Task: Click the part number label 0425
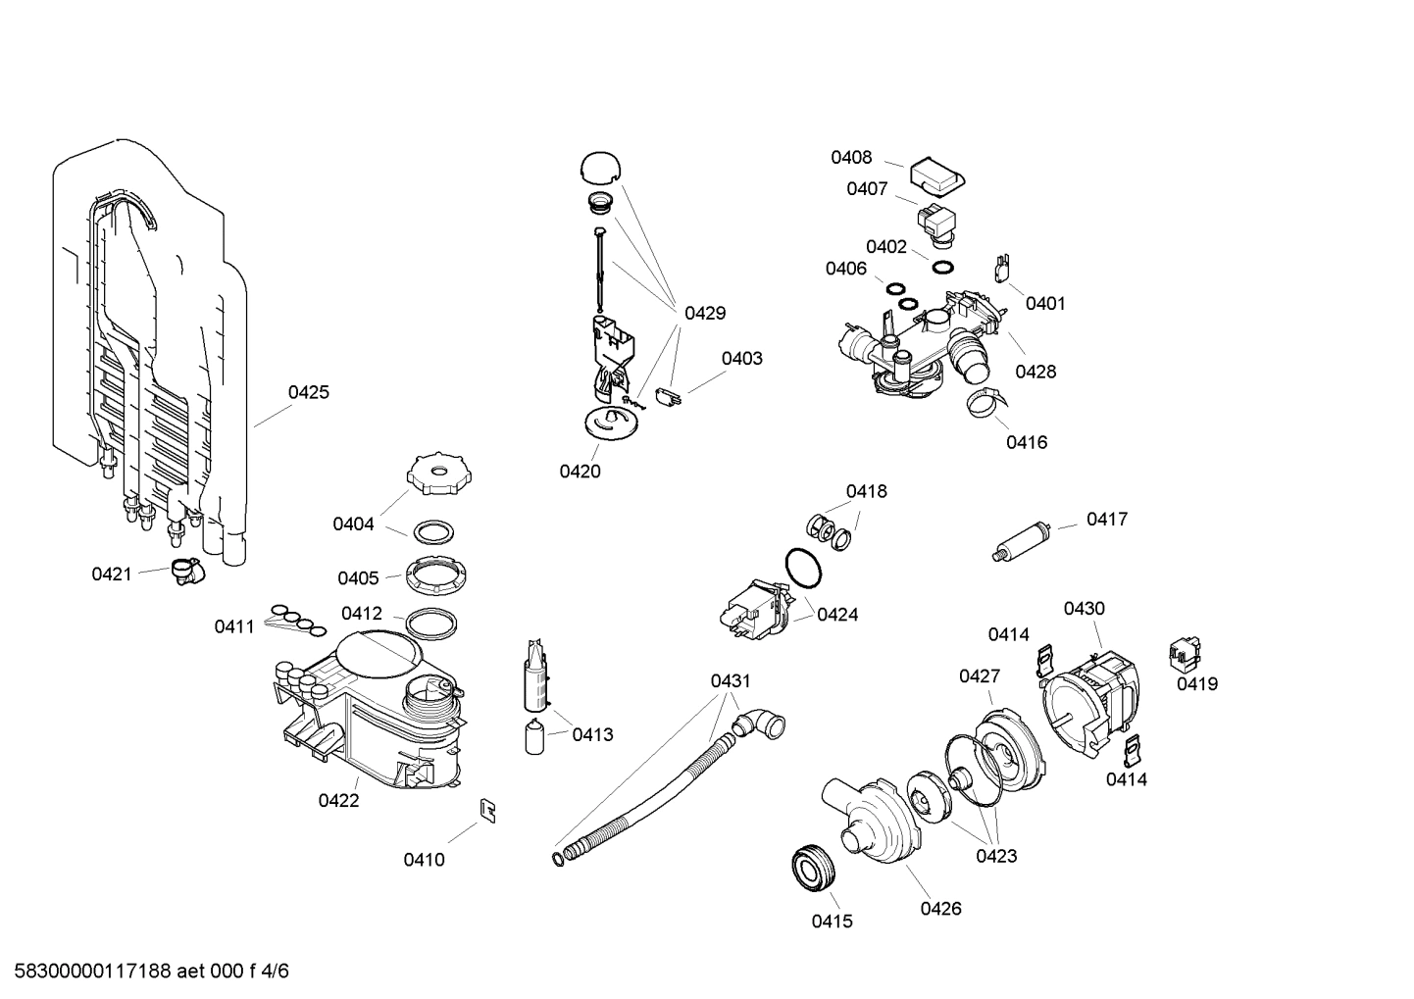click(308, 392)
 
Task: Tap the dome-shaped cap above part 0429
click(601, 167)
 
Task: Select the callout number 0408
click(851, 157)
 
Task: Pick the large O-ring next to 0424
click(803, 569)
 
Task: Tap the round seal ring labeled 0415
click(812, 869)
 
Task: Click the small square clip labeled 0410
click(486, 810)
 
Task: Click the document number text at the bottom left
click(145, 972)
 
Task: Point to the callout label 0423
click(995, 856)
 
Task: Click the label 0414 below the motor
click(1126, 779)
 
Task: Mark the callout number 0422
click(338, 800)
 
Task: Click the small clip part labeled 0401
click(1002, 267)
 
